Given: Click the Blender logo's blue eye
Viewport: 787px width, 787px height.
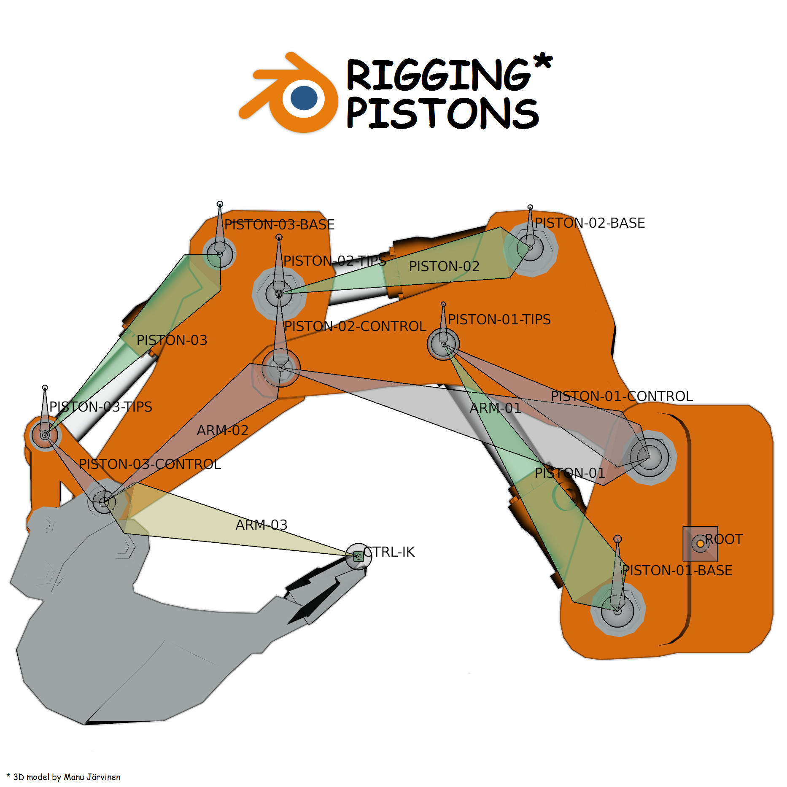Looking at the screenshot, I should [x=304, y=98].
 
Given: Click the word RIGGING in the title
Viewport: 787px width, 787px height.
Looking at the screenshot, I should [x=438, y=75].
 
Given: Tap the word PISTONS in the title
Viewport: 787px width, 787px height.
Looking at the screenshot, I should [x=442, y=113].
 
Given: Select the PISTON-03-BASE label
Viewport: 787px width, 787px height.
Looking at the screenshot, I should [x=279, y=225].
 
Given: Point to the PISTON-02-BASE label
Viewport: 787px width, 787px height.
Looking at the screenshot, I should [x=590, y=223].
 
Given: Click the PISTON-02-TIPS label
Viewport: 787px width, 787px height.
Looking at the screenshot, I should [x=334, y=261].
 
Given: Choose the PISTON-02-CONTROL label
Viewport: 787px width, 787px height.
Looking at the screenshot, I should [x=355, y=326].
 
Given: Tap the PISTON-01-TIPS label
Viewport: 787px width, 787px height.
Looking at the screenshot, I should [x=499, y=320].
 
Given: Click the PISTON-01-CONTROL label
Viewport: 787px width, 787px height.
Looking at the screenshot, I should [x=622, y=396].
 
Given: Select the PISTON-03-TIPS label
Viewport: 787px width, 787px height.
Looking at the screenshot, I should [x=100, y=407].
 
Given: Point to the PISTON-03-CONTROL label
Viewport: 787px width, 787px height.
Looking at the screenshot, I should [x=150, y=464].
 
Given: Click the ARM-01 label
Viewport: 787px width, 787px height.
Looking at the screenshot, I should [x=495, y=408].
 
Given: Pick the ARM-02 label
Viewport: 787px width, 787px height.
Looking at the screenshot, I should [x=222, y=431].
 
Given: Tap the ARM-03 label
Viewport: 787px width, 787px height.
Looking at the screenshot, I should [x=261, y=525].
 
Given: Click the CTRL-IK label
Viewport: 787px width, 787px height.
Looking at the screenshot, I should [x=390, y=552].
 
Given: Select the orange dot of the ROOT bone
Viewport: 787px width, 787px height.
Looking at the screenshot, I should [x=700, y=544].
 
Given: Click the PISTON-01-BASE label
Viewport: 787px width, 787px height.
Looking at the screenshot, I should [x=677, y=571].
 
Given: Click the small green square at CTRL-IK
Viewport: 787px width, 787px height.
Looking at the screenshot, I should [x=358, y=557].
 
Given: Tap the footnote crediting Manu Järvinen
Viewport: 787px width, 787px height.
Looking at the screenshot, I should [x=64, y=777].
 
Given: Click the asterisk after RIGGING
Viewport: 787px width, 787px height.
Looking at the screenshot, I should [x=542, y=62].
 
